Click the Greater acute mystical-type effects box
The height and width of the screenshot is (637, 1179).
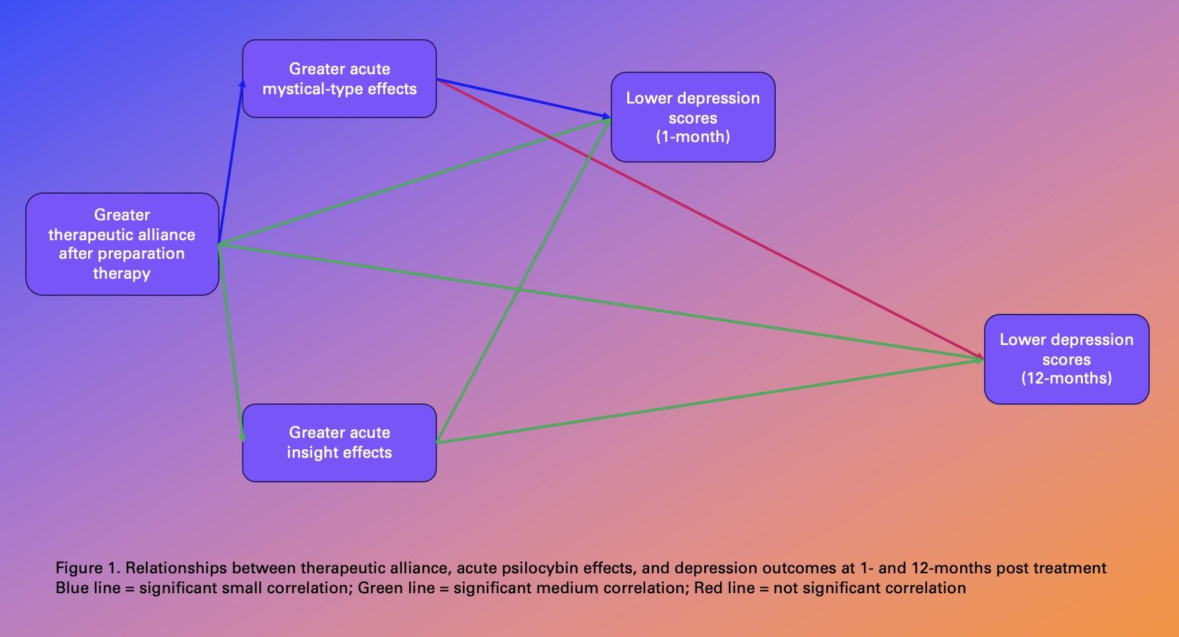339,78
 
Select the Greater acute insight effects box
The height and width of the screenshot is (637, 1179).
339,443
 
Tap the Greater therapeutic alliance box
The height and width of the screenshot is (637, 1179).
122,244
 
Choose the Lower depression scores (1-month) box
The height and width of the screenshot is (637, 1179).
692,117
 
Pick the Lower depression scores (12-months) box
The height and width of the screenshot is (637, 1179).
1066,359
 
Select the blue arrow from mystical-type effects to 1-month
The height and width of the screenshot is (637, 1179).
524,99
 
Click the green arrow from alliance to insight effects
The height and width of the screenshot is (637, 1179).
231,345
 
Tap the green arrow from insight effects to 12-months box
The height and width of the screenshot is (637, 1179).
710,401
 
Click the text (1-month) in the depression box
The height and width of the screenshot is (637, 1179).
693,137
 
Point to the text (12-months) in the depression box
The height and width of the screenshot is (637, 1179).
1066,378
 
